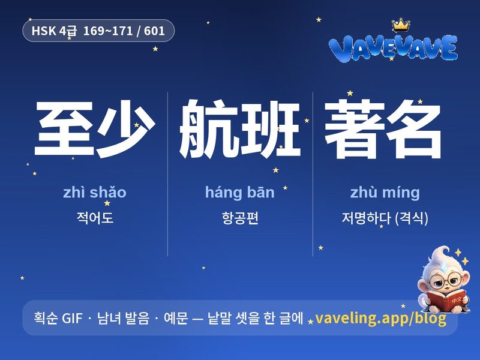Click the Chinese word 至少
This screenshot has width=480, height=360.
(x=95, y=129)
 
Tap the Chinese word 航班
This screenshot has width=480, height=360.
(x=239, y=128)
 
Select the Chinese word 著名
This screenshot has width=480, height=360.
(x=383, y=129)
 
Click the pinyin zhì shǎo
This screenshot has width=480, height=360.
(x=95, y=193)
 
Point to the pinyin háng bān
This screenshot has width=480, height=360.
(x=239, y=193)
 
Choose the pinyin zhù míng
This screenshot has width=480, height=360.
(x=385, y=193)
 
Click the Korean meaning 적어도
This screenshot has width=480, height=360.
(x=95, y=218)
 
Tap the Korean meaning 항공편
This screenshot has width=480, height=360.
(x=240, y=218)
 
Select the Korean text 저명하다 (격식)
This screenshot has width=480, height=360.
(x=385, y=218)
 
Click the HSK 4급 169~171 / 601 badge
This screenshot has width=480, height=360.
(x=98, y=31)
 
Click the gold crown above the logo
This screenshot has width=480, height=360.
(x=401, y=25)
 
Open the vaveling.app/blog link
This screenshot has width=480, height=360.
(x=380, y=318)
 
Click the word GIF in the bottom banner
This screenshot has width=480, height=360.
(x=72, y=318)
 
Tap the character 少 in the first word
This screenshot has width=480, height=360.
(x=125, y=129)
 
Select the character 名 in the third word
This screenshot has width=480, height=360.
(x=413, y=129)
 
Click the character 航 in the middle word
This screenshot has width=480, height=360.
(x=209, y=128)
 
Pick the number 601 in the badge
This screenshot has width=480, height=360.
(x=154, y=31)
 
